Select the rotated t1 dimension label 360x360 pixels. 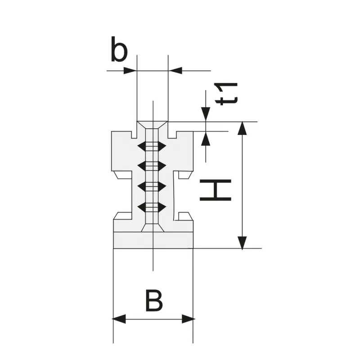[x=226, y=94]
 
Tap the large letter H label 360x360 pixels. [x=216, y=190]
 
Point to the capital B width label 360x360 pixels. [x=154, y=301]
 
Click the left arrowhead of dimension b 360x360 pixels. [x=130, y=71]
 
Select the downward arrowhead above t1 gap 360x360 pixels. [x=206, y=114]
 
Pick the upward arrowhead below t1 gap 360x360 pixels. [x=206, y=138]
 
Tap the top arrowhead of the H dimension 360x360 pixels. [x=243, y=128]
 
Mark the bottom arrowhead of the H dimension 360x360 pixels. [x=243, y=242]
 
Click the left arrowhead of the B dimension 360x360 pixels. [x=119, y=319]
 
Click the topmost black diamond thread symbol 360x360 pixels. [x=152, y=147]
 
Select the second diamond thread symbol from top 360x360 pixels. [x=152, y=166]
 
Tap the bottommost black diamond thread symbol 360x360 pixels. [x=152, y=207]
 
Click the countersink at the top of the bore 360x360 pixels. [x=152, y=125]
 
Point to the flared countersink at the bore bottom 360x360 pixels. [x=152, y=227]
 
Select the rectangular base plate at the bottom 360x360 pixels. [x=153, y=240]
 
